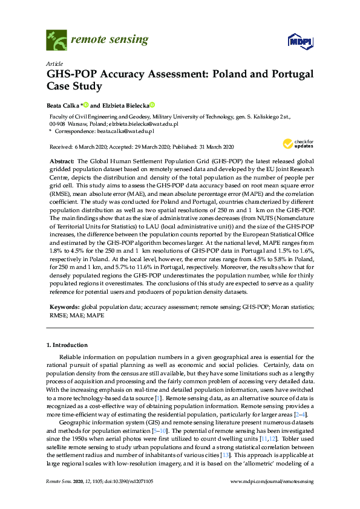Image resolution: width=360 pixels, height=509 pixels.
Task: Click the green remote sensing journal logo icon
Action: (x=56, y=41)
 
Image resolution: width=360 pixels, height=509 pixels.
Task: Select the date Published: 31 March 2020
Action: (x=203, y=147)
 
